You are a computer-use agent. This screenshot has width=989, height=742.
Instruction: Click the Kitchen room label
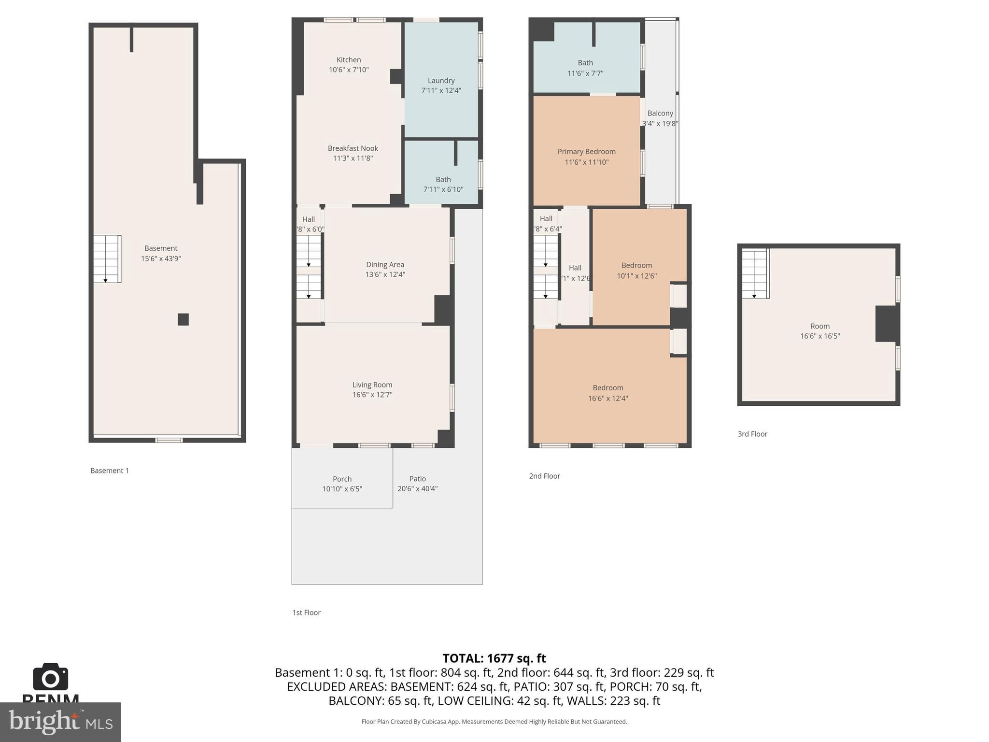(x=348, y=60)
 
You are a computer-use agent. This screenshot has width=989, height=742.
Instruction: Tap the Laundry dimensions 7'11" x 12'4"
(x=441, y=90)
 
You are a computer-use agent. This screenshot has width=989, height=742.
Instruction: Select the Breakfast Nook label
(x=353, y=148)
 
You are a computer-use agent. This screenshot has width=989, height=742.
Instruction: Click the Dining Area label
(x=385, y=264)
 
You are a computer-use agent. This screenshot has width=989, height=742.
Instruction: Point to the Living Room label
(x=372, y=385)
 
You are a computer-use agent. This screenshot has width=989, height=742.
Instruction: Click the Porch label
(x=342, y=479)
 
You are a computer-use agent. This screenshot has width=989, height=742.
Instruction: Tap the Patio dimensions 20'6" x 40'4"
(x=417, y=488)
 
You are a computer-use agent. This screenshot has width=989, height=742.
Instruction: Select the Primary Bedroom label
(x=586, y=152)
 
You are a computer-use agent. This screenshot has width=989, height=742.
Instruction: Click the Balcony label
(x=660, y=113)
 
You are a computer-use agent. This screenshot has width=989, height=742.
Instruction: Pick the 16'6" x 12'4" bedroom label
(x=608, y=388)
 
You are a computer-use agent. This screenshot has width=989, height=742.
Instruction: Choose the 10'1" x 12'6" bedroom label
(x=636, y=265)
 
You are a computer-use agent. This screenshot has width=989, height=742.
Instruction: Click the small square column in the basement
(x=183, y=319)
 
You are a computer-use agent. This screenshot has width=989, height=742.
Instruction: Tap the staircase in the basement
(x=107, y=259)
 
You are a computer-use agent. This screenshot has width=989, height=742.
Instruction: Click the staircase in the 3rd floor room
(x=755, y=274)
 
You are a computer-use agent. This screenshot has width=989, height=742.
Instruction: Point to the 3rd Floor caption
(x=752, y=434)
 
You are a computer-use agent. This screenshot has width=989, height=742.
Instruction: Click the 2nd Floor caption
(x=544, y=476)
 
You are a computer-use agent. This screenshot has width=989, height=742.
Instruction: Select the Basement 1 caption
(x=110, y=471)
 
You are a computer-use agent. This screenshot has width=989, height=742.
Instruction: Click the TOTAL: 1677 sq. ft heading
(x=494, y=658)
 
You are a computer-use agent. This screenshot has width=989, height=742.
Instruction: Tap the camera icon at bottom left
(x=51, y=677)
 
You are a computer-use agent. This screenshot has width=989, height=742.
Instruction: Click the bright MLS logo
(x=60, y=722)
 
